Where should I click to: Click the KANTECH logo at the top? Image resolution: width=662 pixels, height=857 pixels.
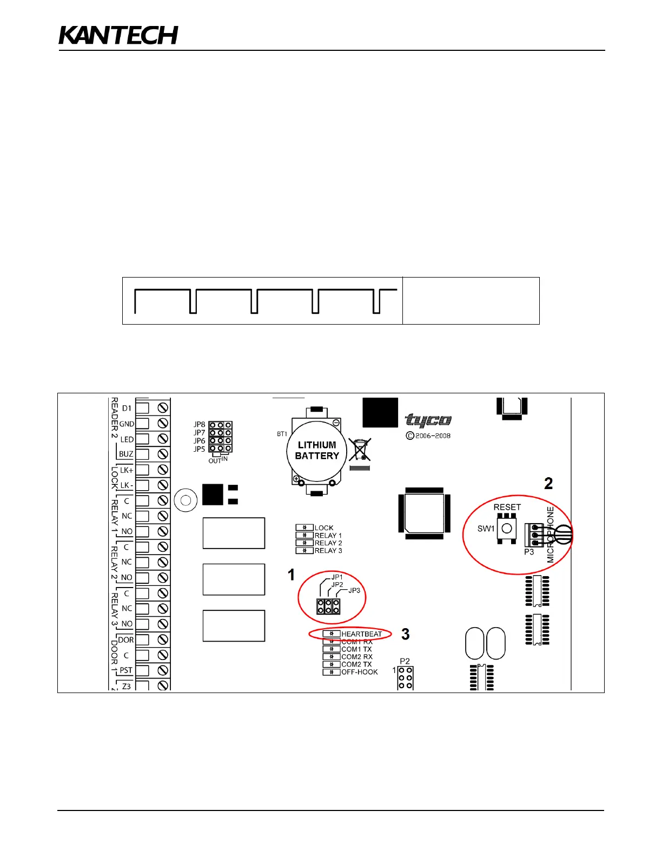coord(118,35)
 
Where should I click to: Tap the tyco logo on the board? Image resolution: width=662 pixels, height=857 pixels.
coord(428,420)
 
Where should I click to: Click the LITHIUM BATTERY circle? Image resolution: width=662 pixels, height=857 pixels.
coord(317,451)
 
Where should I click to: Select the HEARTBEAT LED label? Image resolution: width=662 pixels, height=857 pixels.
coord(361,634)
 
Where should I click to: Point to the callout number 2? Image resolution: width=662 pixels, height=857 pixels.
coord(548,483)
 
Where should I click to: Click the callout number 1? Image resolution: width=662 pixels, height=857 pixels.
coord(292,575)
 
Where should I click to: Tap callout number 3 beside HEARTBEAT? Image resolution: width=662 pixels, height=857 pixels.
coord(406,634)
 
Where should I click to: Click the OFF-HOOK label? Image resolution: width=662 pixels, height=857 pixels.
coord(360,672)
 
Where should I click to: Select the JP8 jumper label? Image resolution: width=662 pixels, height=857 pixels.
coord(200,425)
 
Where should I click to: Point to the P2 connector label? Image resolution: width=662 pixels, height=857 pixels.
coord(405,661)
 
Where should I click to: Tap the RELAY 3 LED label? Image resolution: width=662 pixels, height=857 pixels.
coord(328,551)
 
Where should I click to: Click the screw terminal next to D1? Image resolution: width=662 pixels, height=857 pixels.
coord(162,408)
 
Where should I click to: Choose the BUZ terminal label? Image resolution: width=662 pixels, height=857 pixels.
coord(126,454)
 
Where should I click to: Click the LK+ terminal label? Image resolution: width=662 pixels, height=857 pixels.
coord(126,470)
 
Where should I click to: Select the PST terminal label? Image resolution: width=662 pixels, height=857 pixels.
coord(126,670)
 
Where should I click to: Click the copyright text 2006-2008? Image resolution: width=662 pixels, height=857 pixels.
coord(432,436)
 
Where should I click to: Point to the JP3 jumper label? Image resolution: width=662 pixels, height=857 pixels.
coord(354,590)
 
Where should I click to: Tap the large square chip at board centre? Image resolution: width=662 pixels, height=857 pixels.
coord(424,513)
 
